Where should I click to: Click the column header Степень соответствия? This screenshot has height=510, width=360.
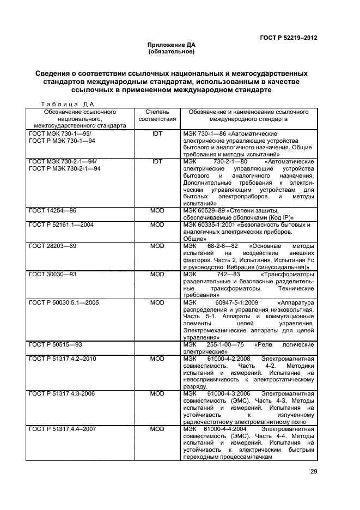[x=157, y=115]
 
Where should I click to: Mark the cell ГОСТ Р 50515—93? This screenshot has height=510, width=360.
[x=56, y=344]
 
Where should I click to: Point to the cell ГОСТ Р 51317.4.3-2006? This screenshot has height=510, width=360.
[x=63, y=393]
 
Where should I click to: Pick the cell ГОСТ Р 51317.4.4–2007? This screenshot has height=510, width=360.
[x=63, y=429]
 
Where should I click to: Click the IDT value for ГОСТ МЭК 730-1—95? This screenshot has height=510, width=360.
[x=157, y=133]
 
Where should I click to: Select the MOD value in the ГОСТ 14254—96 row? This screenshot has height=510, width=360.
[x=157, y=211]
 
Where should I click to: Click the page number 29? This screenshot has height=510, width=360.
[x=313, y=472]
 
